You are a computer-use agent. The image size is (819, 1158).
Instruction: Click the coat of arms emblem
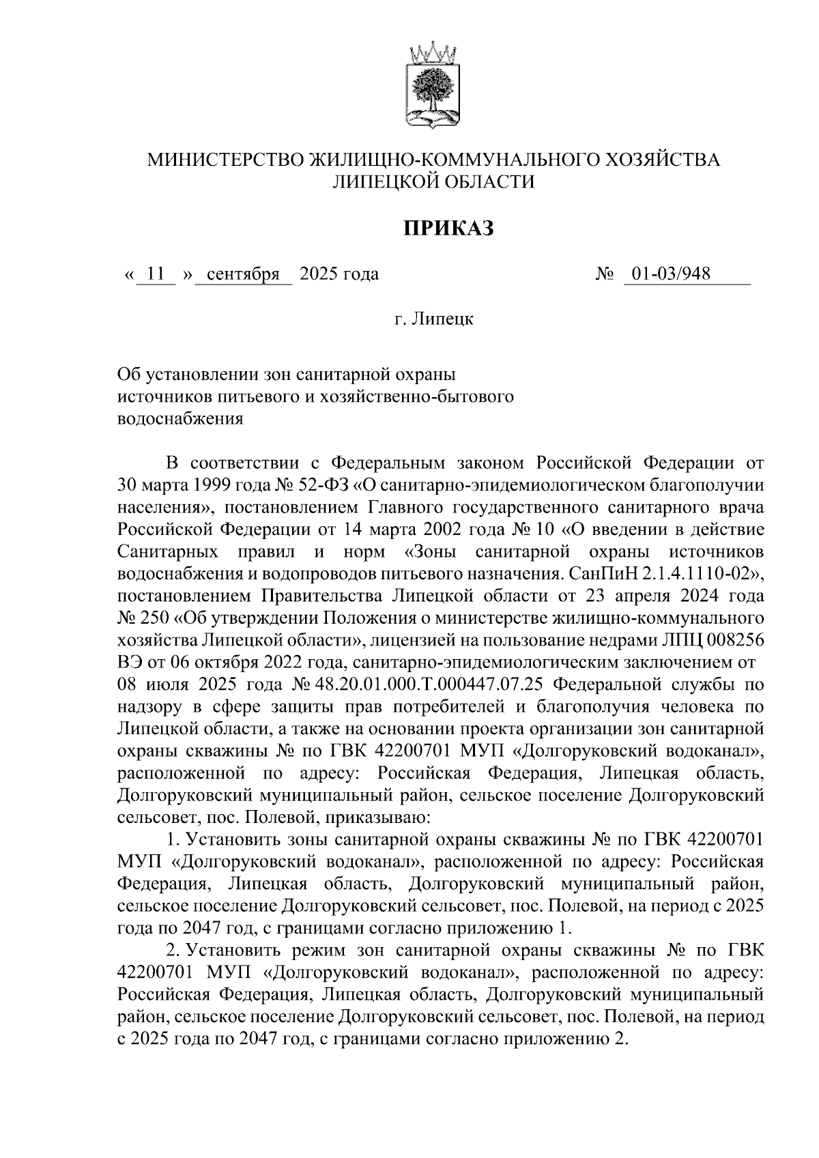(x=434, y=87)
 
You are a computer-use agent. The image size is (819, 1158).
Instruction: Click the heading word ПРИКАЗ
(x=446, y=229)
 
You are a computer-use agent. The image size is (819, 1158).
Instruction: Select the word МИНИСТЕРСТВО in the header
(x=227, y=160)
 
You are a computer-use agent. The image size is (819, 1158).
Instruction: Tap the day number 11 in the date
(x=156, y=274)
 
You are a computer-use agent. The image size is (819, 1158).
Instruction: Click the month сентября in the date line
(x=244, y=274)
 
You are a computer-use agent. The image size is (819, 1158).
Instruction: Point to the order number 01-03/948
(x=670, y=274)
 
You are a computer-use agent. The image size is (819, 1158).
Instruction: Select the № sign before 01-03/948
(x=605, y=274)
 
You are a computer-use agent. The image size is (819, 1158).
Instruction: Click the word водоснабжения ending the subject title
(x=180, y=419)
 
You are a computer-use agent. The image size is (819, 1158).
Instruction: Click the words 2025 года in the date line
(x=339, y=274)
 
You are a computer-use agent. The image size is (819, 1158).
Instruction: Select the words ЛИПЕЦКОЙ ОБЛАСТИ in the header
(x=433, y=181)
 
